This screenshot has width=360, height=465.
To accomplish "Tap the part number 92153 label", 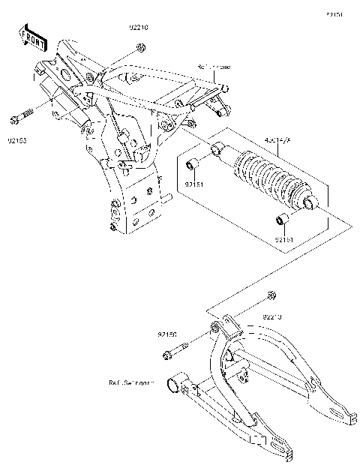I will point(19,139).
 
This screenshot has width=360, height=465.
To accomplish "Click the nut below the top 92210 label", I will point(140,49).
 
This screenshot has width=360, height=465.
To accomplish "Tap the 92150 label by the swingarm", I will point(167,332).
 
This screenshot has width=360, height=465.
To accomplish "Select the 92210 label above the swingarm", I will point(271,317).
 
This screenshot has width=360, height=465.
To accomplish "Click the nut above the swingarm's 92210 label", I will point(272,293).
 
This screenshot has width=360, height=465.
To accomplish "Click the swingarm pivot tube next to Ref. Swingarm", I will point(173,385).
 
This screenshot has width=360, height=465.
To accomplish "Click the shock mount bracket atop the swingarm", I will point(225,328).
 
